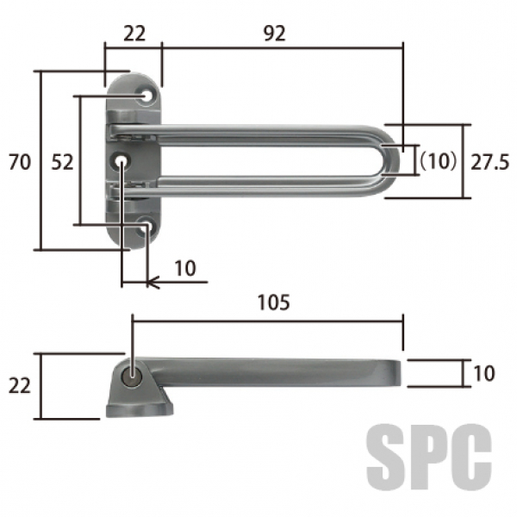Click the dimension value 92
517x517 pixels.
[x=275, y=34]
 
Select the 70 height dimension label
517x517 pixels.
[x=20, y=162]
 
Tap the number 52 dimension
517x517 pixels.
[x=62, y=162]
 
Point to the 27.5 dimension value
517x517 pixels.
[x=489, y=162]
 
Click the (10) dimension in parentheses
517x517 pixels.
[x=438, y=161]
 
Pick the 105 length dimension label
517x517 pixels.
[x=274, y=302]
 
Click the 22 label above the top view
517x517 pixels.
[x=134, y=34]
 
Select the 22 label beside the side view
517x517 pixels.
[x=20, y=386]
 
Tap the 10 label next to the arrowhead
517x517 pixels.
[x=185, y=268]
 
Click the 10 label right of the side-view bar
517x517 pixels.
[x=484, y=373]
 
